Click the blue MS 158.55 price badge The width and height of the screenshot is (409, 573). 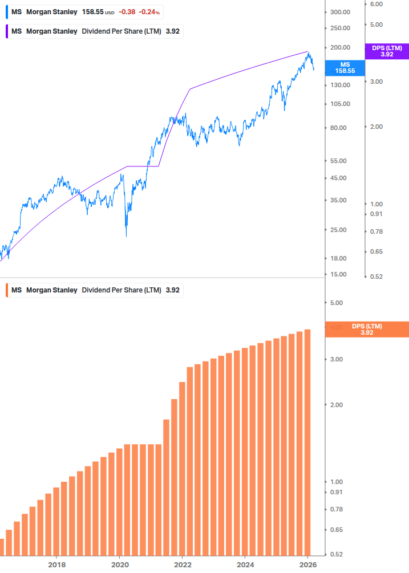(x=344, y=68)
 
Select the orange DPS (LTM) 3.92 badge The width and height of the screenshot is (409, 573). (x=366, y=330)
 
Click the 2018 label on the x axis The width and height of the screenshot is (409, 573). (x=56, y=565)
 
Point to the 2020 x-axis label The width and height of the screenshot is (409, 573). (x=119, y=565)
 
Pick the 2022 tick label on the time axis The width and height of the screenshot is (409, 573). (x=182, y=565)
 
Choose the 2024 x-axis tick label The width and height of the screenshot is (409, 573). (x=245, y=565)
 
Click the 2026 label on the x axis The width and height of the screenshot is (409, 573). (x=307, y=565)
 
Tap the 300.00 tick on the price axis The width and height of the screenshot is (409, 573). (x=339, y=12)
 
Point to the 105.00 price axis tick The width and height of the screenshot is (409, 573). (x=339, y=104)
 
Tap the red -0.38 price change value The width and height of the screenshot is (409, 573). (x=127, y=12)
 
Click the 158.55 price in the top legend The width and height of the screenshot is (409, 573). (x=93, y=12)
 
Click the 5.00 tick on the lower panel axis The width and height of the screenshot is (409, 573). (x=337, y=303)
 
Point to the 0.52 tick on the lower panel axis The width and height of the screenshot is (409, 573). (x=337, y=554)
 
